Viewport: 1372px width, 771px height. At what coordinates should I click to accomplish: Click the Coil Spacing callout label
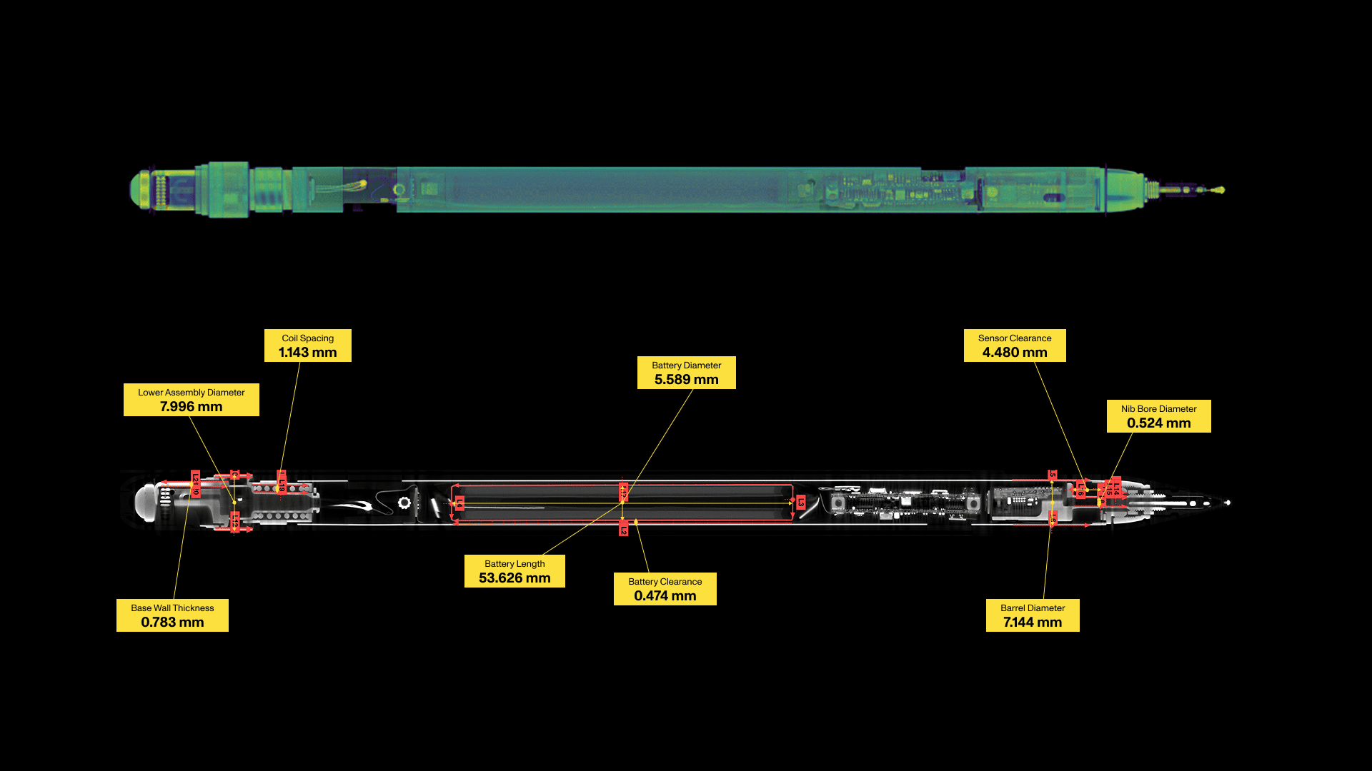tap(307, 346)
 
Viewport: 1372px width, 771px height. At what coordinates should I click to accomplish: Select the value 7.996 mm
tap(191, 407)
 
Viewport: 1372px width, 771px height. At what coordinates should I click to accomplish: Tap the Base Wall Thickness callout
tap(172, 615)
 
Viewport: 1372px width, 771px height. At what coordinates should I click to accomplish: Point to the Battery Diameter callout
tap(686, 373)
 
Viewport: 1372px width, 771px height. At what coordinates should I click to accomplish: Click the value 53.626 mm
tap(514, 578)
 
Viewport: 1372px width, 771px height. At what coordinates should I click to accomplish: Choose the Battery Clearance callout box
tap(665, 589)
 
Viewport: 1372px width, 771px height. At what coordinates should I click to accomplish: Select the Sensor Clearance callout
tap(1014, 346)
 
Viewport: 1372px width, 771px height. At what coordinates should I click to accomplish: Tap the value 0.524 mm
tap(1158, 423)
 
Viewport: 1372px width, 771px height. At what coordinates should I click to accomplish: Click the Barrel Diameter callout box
tap(1032, 615)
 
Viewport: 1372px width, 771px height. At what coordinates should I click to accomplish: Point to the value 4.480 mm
tap(1014, 353)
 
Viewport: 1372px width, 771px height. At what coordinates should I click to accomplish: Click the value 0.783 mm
tap(172, 623)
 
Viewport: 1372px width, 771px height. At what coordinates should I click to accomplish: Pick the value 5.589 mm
tap(686, 380)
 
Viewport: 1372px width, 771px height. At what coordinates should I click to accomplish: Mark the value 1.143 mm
tap(307, 353)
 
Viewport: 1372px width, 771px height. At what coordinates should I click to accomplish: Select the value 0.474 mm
tap(665, 596)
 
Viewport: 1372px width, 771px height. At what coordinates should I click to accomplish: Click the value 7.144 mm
tap(1032, 623)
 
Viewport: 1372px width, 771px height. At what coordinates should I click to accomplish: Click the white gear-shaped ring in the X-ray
tap(404, 503)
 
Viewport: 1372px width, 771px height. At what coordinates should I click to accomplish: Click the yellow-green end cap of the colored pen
tap(139, 189)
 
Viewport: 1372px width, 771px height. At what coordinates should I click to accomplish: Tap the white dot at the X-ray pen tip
tap(1228, 503)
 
